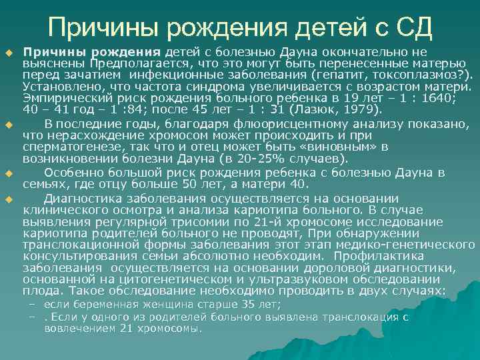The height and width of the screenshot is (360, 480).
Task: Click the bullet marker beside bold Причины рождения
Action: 9,51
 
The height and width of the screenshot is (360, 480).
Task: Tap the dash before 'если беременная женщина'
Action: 31,304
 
